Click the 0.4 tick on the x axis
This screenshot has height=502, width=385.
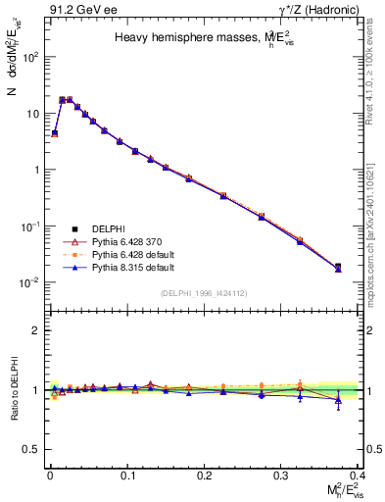[360, 474]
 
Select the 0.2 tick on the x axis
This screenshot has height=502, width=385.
[204, 474]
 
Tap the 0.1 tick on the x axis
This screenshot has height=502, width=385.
[126, 474]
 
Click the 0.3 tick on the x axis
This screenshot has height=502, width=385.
[282, 474]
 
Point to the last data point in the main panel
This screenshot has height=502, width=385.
[338, 267]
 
